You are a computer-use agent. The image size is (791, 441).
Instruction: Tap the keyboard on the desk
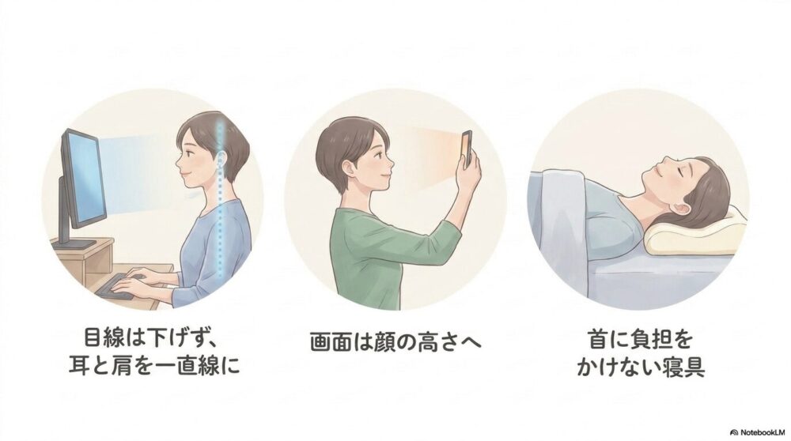click(x=117, y=287)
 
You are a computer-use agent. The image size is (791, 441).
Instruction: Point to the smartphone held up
click(x=467, y=148)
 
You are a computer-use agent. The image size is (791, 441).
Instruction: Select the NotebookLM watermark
click(x=759, y=432)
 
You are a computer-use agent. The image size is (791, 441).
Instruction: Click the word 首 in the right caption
click(x=599, y=339)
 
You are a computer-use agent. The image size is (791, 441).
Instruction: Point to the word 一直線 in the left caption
click(x=187, y=366)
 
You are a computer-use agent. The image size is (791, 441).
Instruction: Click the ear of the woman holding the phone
click(x=347, y=168)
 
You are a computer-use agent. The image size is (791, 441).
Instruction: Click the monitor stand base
click(x=74, y=244)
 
